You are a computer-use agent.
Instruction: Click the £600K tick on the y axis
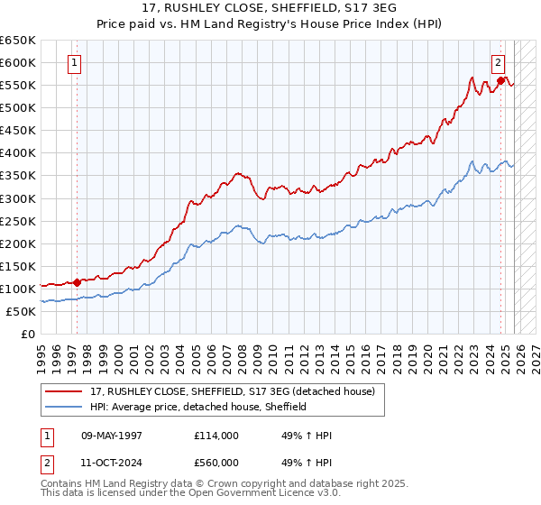pos(18,62)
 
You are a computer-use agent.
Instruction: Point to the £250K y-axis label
pos(18,221)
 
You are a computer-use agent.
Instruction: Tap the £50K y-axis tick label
pos(22,311)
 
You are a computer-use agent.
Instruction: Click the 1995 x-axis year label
pos(41,351)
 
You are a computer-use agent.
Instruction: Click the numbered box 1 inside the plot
pos(73,63)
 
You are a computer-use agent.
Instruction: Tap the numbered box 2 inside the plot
pos(497,63)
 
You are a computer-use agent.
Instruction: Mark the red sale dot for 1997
pos(77,281)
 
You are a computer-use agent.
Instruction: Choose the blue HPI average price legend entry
pos(198,407)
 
